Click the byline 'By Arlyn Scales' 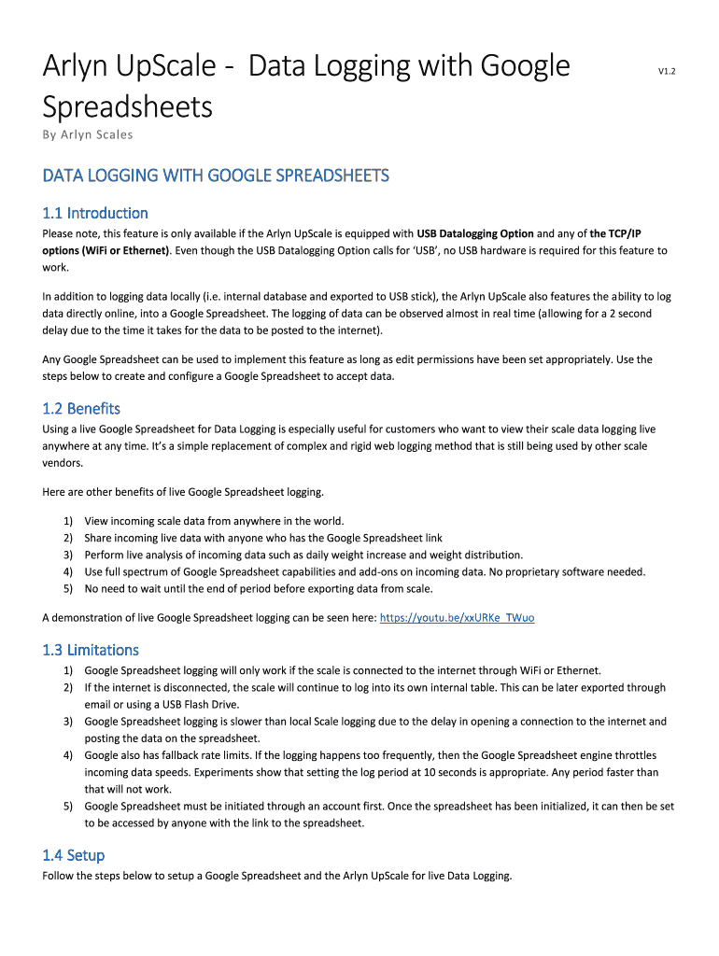(x=88, y=134)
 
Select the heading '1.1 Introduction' (x=95, y=213)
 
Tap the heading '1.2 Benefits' (x=81, y=409)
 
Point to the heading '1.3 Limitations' (x=91, y=650)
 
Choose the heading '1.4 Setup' (x=74, y=855)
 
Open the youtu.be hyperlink (x=458, y=618)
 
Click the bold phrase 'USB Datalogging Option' (x=475, y=233)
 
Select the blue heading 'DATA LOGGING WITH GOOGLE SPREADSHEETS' (x=216, y=176)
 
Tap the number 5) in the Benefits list (x=68, y=588)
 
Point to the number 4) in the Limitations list (x=68, y=755)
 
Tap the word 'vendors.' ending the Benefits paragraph (x=63, y=463)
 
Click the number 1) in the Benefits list (x=68, y=521)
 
